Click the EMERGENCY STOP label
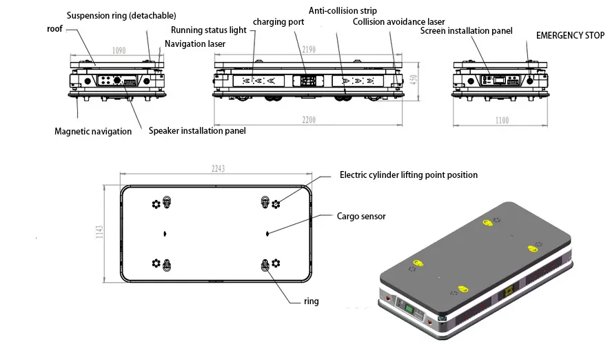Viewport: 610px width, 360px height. (x=570, y=34)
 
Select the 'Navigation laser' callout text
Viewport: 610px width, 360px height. (x=195, y=44)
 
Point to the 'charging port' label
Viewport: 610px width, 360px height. (x=278, y=22)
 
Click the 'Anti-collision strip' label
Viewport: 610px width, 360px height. (x=342, y=11)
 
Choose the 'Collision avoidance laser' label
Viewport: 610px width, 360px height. (x=398, y=22)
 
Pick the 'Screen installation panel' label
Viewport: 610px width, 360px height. (x=466, y=32)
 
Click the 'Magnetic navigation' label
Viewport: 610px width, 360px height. (x=93, y=131)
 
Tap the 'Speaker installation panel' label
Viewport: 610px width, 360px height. (x=197, y=130)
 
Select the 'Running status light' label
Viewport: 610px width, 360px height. (x=209, y=30)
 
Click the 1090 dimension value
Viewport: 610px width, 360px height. (x=119, y=50)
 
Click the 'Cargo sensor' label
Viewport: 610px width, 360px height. (x=360, y=217)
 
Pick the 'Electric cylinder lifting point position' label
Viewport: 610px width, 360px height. (x=408, y=175)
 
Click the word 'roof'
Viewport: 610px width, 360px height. (x=55, y=29)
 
